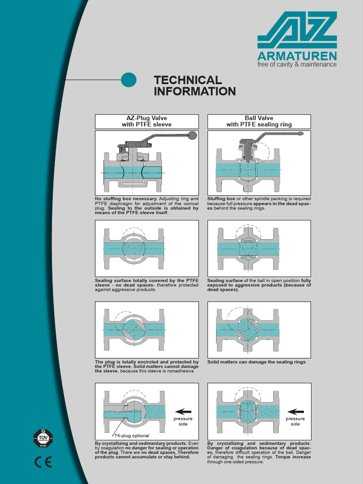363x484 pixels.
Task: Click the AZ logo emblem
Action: (297, 29)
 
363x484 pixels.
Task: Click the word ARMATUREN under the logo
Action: (297, 55)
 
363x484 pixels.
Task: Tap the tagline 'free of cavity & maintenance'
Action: (297, 64)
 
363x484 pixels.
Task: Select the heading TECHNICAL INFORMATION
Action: (194, 86)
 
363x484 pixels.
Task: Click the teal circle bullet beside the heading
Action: (129, 80)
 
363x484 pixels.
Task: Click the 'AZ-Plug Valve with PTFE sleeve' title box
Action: (147, 121)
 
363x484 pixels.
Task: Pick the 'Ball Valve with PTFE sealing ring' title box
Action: (259, 121)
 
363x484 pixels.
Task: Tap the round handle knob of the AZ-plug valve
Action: (192, 135)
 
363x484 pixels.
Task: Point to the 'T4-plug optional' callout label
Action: (132, 435)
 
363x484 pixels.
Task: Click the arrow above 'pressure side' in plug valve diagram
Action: (183, 411)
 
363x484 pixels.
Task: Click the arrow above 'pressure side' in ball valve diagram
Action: (295, 411)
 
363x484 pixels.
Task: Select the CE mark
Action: (43, 462)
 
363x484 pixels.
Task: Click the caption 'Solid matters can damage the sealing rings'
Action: (256, 362)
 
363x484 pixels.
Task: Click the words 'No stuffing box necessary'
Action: (126, 199)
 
